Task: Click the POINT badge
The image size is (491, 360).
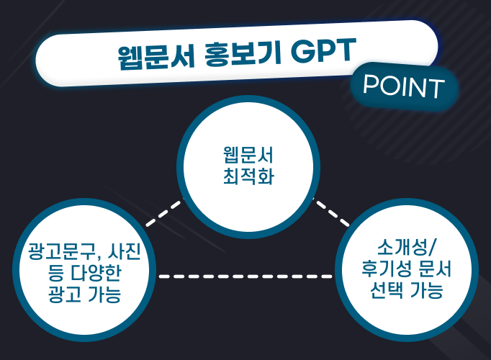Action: tap(402, 87)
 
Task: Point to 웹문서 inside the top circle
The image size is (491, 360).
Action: tap(248, 156)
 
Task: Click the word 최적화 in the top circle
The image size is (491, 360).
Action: tap(248, 177)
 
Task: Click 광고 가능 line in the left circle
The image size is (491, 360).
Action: tap(84, 294)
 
